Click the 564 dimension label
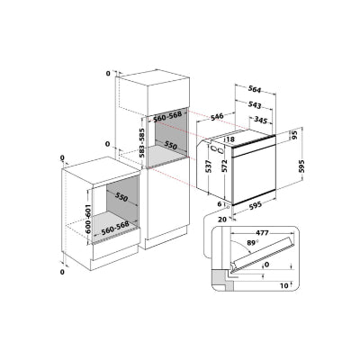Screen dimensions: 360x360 [255, 89]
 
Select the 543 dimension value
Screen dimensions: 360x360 [255, 104]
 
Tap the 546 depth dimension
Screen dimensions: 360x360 [217, 117]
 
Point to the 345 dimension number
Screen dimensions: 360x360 [260, 121]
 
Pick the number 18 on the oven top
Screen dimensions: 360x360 [230, 139]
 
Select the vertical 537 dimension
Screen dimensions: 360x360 [209, 166]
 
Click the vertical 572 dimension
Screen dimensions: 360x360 [224, 166]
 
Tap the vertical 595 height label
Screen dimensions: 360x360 [301, 166]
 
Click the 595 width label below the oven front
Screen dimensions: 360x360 [255, 205]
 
